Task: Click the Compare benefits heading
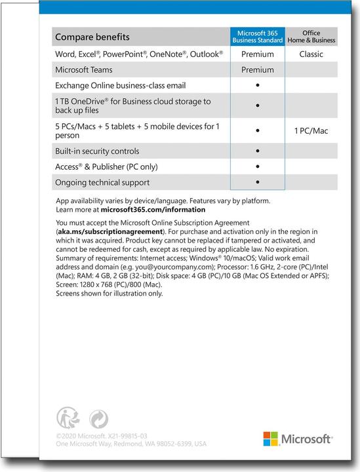click(92, 37)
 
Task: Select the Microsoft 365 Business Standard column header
click(257, 37)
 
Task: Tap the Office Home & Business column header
click(311, 37)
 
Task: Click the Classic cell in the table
click(311, 54)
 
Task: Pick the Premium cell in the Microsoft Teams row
click(257, 69)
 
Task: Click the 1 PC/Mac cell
click(311, 130)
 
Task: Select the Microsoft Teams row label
click(83, 69)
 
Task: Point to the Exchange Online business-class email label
click(120, 85)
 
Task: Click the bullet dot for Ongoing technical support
click(258, 182)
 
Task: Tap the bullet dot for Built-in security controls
click(258, 151)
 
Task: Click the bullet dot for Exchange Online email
click(258, 85)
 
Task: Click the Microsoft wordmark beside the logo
click(306, 439)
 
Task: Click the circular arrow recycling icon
click(98, 418)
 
